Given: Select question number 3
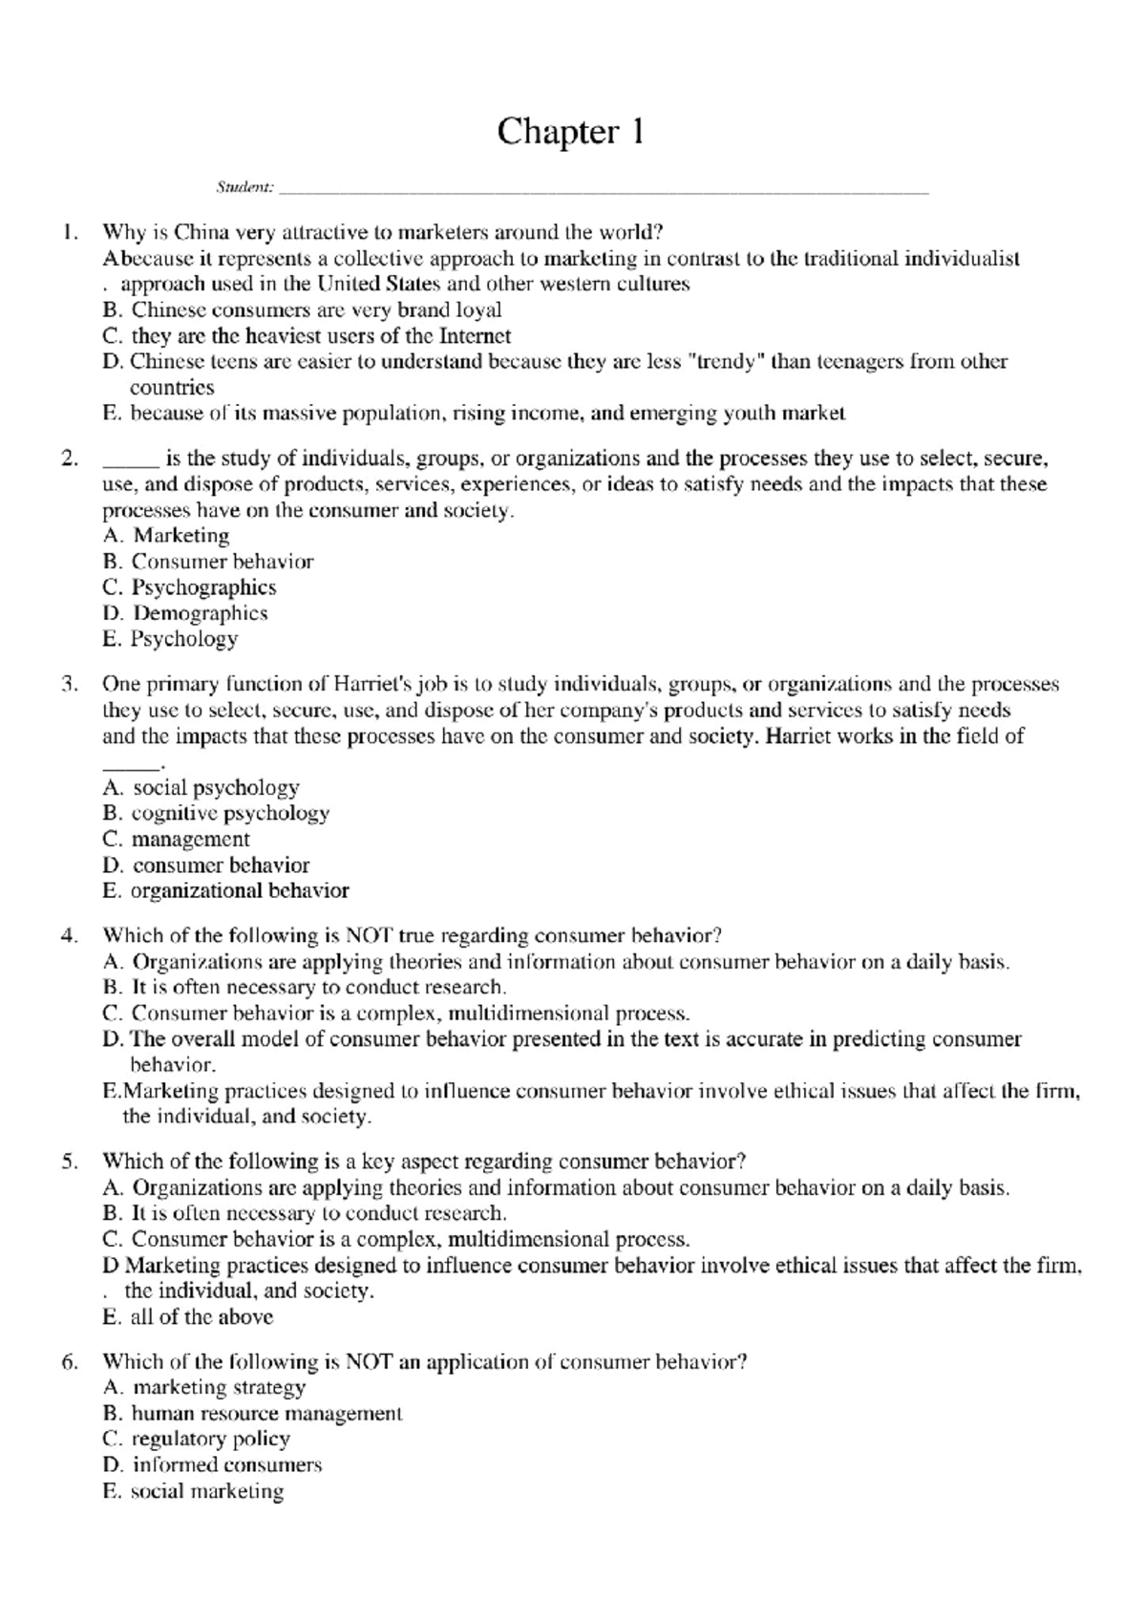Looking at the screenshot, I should click(x=68, y=684).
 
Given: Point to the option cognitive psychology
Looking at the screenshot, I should click(x=216, y=814).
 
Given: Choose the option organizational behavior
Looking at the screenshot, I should click(x=225, y=891).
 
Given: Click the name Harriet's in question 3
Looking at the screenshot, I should click(x=373, y=684).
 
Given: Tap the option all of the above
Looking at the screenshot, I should click(x=187, y=1317).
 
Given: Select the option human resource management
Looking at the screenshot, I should click(x=252, y=1414).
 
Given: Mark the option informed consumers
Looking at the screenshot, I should click(x=212, y=1465).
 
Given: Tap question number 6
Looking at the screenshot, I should click(x=68, y=1362).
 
